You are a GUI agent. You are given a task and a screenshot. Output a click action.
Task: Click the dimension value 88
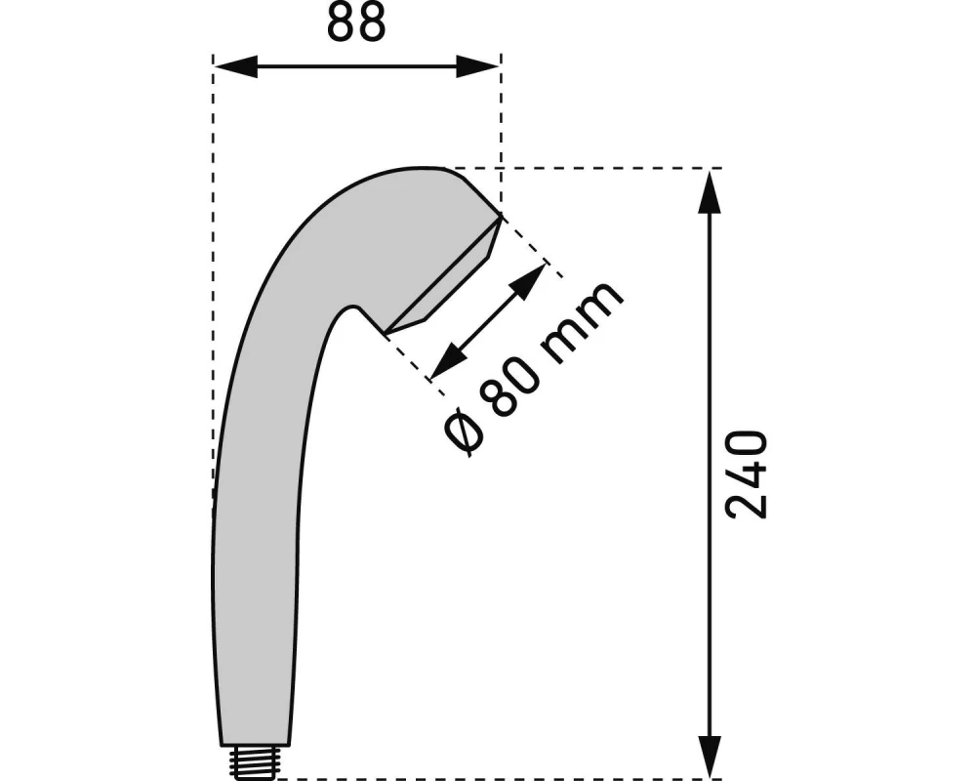[356, 23]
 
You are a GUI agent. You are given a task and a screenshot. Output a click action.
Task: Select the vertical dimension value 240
[749, 474]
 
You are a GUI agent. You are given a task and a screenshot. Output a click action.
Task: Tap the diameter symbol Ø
[463, 432]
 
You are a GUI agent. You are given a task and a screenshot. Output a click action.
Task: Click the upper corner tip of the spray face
[501, 217]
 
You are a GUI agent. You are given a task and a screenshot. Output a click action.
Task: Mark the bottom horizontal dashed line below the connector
[488, 779]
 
